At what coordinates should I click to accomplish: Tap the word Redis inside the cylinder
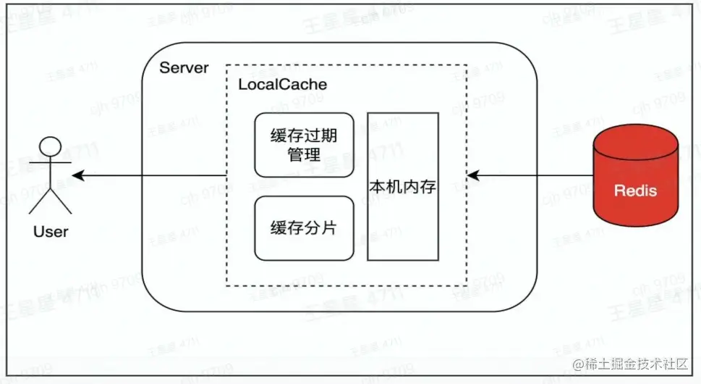pyautogui.click(x=636, y=191)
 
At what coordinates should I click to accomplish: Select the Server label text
pyautogui.click(x=184, y=68)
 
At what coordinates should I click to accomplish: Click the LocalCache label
pyautogui.click(x=283, y=84)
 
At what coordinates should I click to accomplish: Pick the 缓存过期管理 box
pyautogui.click(x=304, y=145)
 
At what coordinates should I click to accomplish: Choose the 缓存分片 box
pyautogui.click(x=304, y=228)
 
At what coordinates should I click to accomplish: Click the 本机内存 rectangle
pyautogui.click(x=403, y=186)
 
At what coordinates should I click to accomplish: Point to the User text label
pyautogui.click(x=51, y=232)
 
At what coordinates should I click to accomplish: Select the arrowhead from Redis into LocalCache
pyautogui.click(x=472, y=175)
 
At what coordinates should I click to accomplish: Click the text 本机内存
pyautogui.click(x=403, y=187)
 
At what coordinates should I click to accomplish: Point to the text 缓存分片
pyautogui.click(x=304, y=228)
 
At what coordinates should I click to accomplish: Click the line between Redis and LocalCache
pyautogui.click(x=532, y=175)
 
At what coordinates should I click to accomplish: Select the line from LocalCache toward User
pyautogui.click(x=152, y=175)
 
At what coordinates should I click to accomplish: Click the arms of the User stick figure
pyautogui.click(x=50, y=164)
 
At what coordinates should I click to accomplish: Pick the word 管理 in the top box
pyautogui.click(x=304, y=154)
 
